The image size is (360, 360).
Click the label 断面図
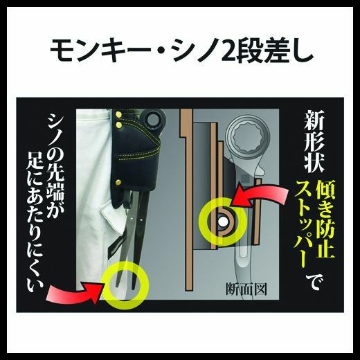(x=246, y=289)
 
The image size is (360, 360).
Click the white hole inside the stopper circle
(x=223, y=222)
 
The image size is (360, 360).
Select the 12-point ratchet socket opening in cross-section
(x=248, y=140)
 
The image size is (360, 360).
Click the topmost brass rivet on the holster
(x=119, y=114)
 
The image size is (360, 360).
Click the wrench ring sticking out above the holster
(x=153, y=119)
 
